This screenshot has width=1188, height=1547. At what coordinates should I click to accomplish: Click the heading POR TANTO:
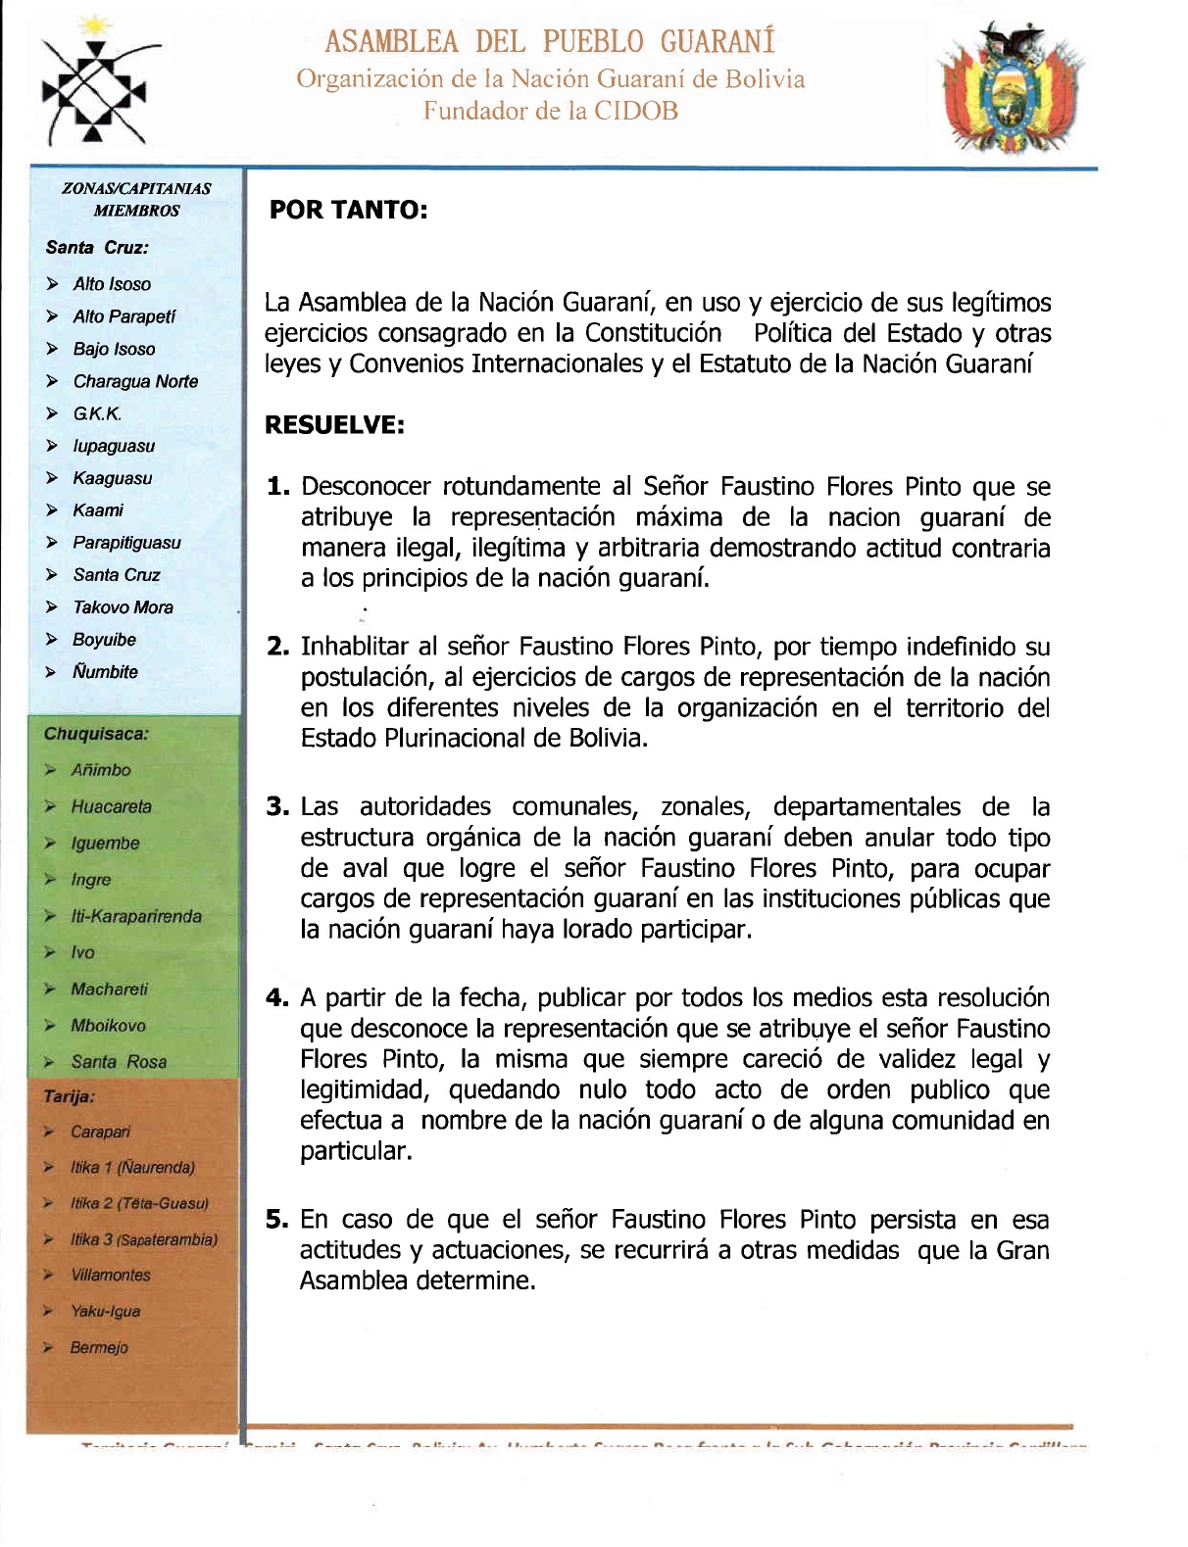coord(348,211)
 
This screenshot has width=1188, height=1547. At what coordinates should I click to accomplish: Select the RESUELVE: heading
coord(334,425)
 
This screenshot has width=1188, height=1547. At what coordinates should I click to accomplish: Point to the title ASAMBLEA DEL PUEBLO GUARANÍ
coord(550,42)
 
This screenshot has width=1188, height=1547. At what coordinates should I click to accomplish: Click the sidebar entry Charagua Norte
coord(135,381)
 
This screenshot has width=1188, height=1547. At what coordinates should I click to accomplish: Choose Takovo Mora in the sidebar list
coord(123,607)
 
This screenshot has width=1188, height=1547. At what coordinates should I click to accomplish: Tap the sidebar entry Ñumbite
coord(105,672)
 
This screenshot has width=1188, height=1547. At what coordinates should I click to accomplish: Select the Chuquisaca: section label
coord(96,734)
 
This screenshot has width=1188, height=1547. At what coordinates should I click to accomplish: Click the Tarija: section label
coord(69,1096)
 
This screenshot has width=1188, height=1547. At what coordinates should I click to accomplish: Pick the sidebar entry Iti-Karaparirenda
coord(136,916)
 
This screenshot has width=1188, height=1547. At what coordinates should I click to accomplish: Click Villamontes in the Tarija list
coord(111,1276)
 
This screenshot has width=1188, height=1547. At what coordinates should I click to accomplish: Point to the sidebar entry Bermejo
coord(99,1348)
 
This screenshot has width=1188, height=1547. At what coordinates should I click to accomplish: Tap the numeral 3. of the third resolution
coord(277,807)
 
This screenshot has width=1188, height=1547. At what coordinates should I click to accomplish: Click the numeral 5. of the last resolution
coord(277,1221)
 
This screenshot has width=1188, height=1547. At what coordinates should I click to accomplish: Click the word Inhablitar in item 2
coord(354,647)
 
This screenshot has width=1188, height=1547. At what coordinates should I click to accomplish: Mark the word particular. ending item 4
coord(356,1152)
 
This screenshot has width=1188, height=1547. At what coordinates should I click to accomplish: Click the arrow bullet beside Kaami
coord(52,510)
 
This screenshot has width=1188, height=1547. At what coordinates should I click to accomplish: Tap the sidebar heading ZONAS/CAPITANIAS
coord(136,188)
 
